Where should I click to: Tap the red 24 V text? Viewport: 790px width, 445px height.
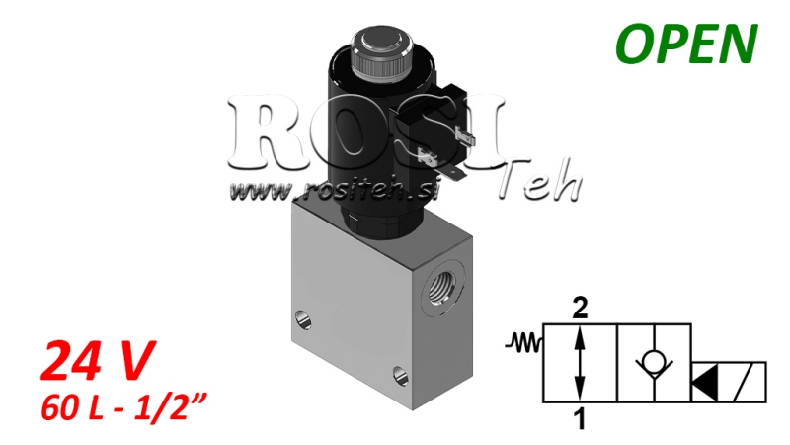(x=97, y=361)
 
